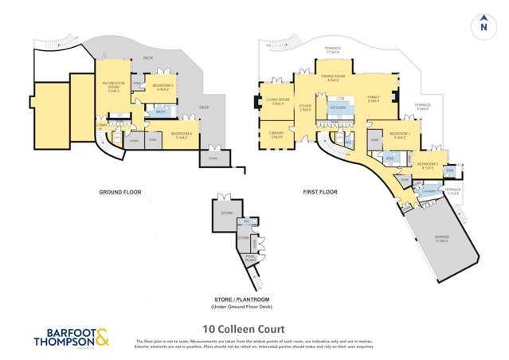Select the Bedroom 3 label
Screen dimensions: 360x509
coord(162,87)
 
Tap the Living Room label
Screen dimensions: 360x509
coord(279,102)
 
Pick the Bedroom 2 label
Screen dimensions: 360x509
coord(427,166)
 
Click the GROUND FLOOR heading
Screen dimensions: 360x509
coord(119,192)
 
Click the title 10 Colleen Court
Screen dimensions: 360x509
coord(239,326)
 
